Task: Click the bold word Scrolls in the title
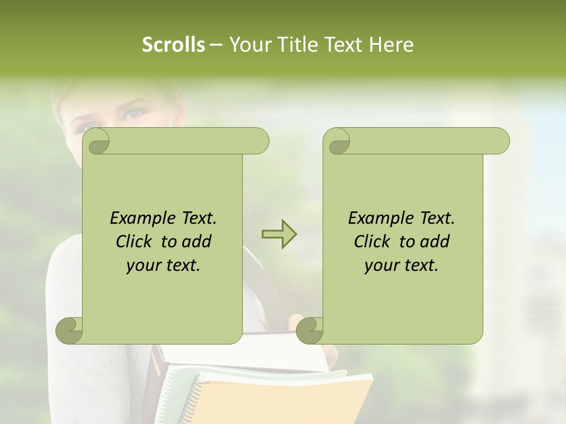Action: pyautogui.click(x=173, y=45)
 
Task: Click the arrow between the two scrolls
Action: pyautogui.click(x=279, y=234)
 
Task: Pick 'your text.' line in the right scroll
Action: pyautogui.click(x=402, y=266)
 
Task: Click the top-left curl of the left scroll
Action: pyautogui.click(x=97, y=142)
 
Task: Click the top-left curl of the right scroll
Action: pyautogui.click(x=337, y=142)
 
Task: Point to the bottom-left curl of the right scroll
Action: pyautogui.click(x=310, y=330)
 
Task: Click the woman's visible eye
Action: pyautogui.click(x=133, y=114)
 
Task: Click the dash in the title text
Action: pyautogui.click(x=216, y=45)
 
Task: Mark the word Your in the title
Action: pyautogui.click(x=247, y=45)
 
